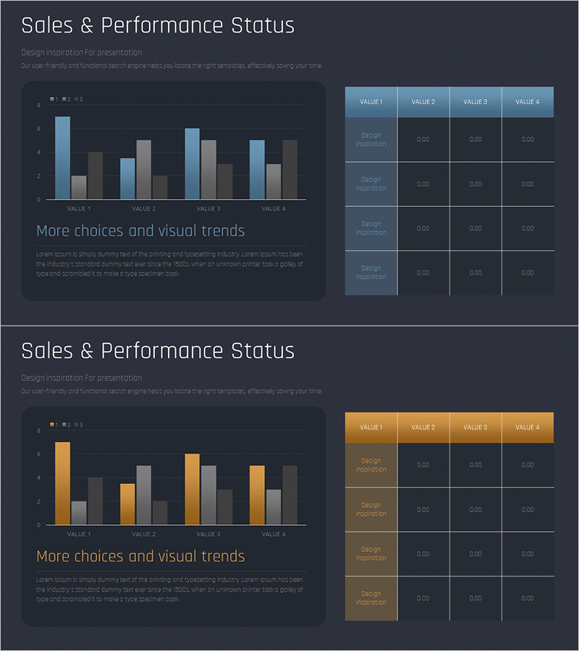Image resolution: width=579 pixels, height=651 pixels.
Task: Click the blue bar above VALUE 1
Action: pyautogui.click(x=63, y=158)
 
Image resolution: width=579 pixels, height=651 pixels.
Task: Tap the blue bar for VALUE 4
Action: pyautogui.click(x=257, y=170)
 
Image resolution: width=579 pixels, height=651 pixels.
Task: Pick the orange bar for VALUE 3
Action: pyautogui.click(x=192, y=490)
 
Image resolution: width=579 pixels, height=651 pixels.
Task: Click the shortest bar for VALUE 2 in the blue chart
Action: pyautogui.click(x=160, y=187)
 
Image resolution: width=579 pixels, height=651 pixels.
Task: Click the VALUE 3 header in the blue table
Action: pyautogui.click(x=476, y=102)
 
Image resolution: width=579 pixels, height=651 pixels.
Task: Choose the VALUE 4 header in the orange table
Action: pyautogui.click(x=528, y=427)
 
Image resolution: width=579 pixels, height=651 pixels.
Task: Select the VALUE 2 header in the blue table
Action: pyautogui.click(x=423, y=102)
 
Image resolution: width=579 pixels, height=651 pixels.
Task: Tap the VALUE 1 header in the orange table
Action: pyautogui.click(x=371, y=427)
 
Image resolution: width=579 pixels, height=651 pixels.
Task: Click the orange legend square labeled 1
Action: pyautogui.click(x=52, y=425)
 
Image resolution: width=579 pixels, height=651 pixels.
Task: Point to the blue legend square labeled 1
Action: pyautogui.click(x=52, y=99)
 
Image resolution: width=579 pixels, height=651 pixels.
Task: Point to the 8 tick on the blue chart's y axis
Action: pyautogui.click(x=38, y=105)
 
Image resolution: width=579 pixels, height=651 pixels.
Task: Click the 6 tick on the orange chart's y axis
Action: pyautogui.click(x=38, y=454)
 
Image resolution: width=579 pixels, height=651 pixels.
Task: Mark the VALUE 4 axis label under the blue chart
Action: pyautogui.click(x=273, y=209)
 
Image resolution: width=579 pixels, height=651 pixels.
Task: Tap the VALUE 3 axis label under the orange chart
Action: pyautogui.click(x=208, y=535)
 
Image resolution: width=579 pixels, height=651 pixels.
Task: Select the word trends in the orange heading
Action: pyautogui.click(x=221, y=557)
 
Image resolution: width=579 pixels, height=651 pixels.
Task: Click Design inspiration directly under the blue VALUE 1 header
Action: pyautogui.click(x=371, y=140)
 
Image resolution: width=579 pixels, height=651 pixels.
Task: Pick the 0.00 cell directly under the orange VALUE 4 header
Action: pyautogui.click(x=528, y=465)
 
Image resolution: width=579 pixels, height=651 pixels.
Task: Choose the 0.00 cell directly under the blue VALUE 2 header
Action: pyautogui.click(x=423, y=140)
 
